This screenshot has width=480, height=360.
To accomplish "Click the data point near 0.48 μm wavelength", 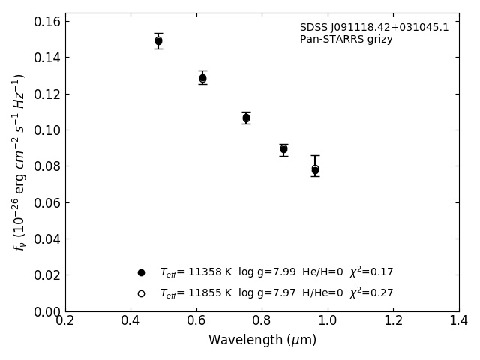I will click(x=158, y=41).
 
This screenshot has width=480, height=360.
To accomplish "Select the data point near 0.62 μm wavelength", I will click(x=202, y=78).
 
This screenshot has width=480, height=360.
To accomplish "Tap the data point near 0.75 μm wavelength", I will click(x=246, y=118).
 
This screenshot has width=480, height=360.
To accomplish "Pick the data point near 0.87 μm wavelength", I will click(x=283, y=149).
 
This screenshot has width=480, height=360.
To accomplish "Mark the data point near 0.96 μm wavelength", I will click(x=315, y=170).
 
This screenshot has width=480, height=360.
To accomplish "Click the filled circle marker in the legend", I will click(x=141, y=272).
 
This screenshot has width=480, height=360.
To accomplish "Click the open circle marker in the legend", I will click(x=141, y=293).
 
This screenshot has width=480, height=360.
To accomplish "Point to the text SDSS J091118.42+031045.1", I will click(x=374, y=28).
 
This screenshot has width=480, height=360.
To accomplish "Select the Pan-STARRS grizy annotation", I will click(x=346, y=40).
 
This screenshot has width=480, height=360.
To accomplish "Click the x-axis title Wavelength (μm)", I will click(x=262, y=340).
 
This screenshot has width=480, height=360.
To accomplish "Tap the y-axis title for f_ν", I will click(x=19, y=162).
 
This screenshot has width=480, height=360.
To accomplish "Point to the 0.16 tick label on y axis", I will click(x=47, y=21).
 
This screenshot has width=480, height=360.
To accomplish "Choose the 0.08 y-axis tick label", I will click(x=47, y=166).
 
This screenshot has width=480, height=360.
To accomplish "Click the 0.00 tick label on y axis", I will click(x=47, y=311).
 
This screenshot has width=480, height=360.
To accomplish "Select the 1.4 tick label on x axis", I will click(x=458, y=321).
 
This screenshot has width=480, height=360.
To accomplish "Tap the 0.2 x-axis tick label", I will click(x=65, y=321).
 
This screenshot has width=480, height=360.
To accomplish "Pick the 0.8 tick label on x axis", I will click(x=262, y=321).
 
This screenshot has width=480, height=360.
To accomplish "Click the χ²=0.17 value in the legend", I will click(x=371, y=272).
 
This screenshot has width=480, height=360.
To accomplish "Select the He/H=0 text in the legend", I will click(x=322, y=272).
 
